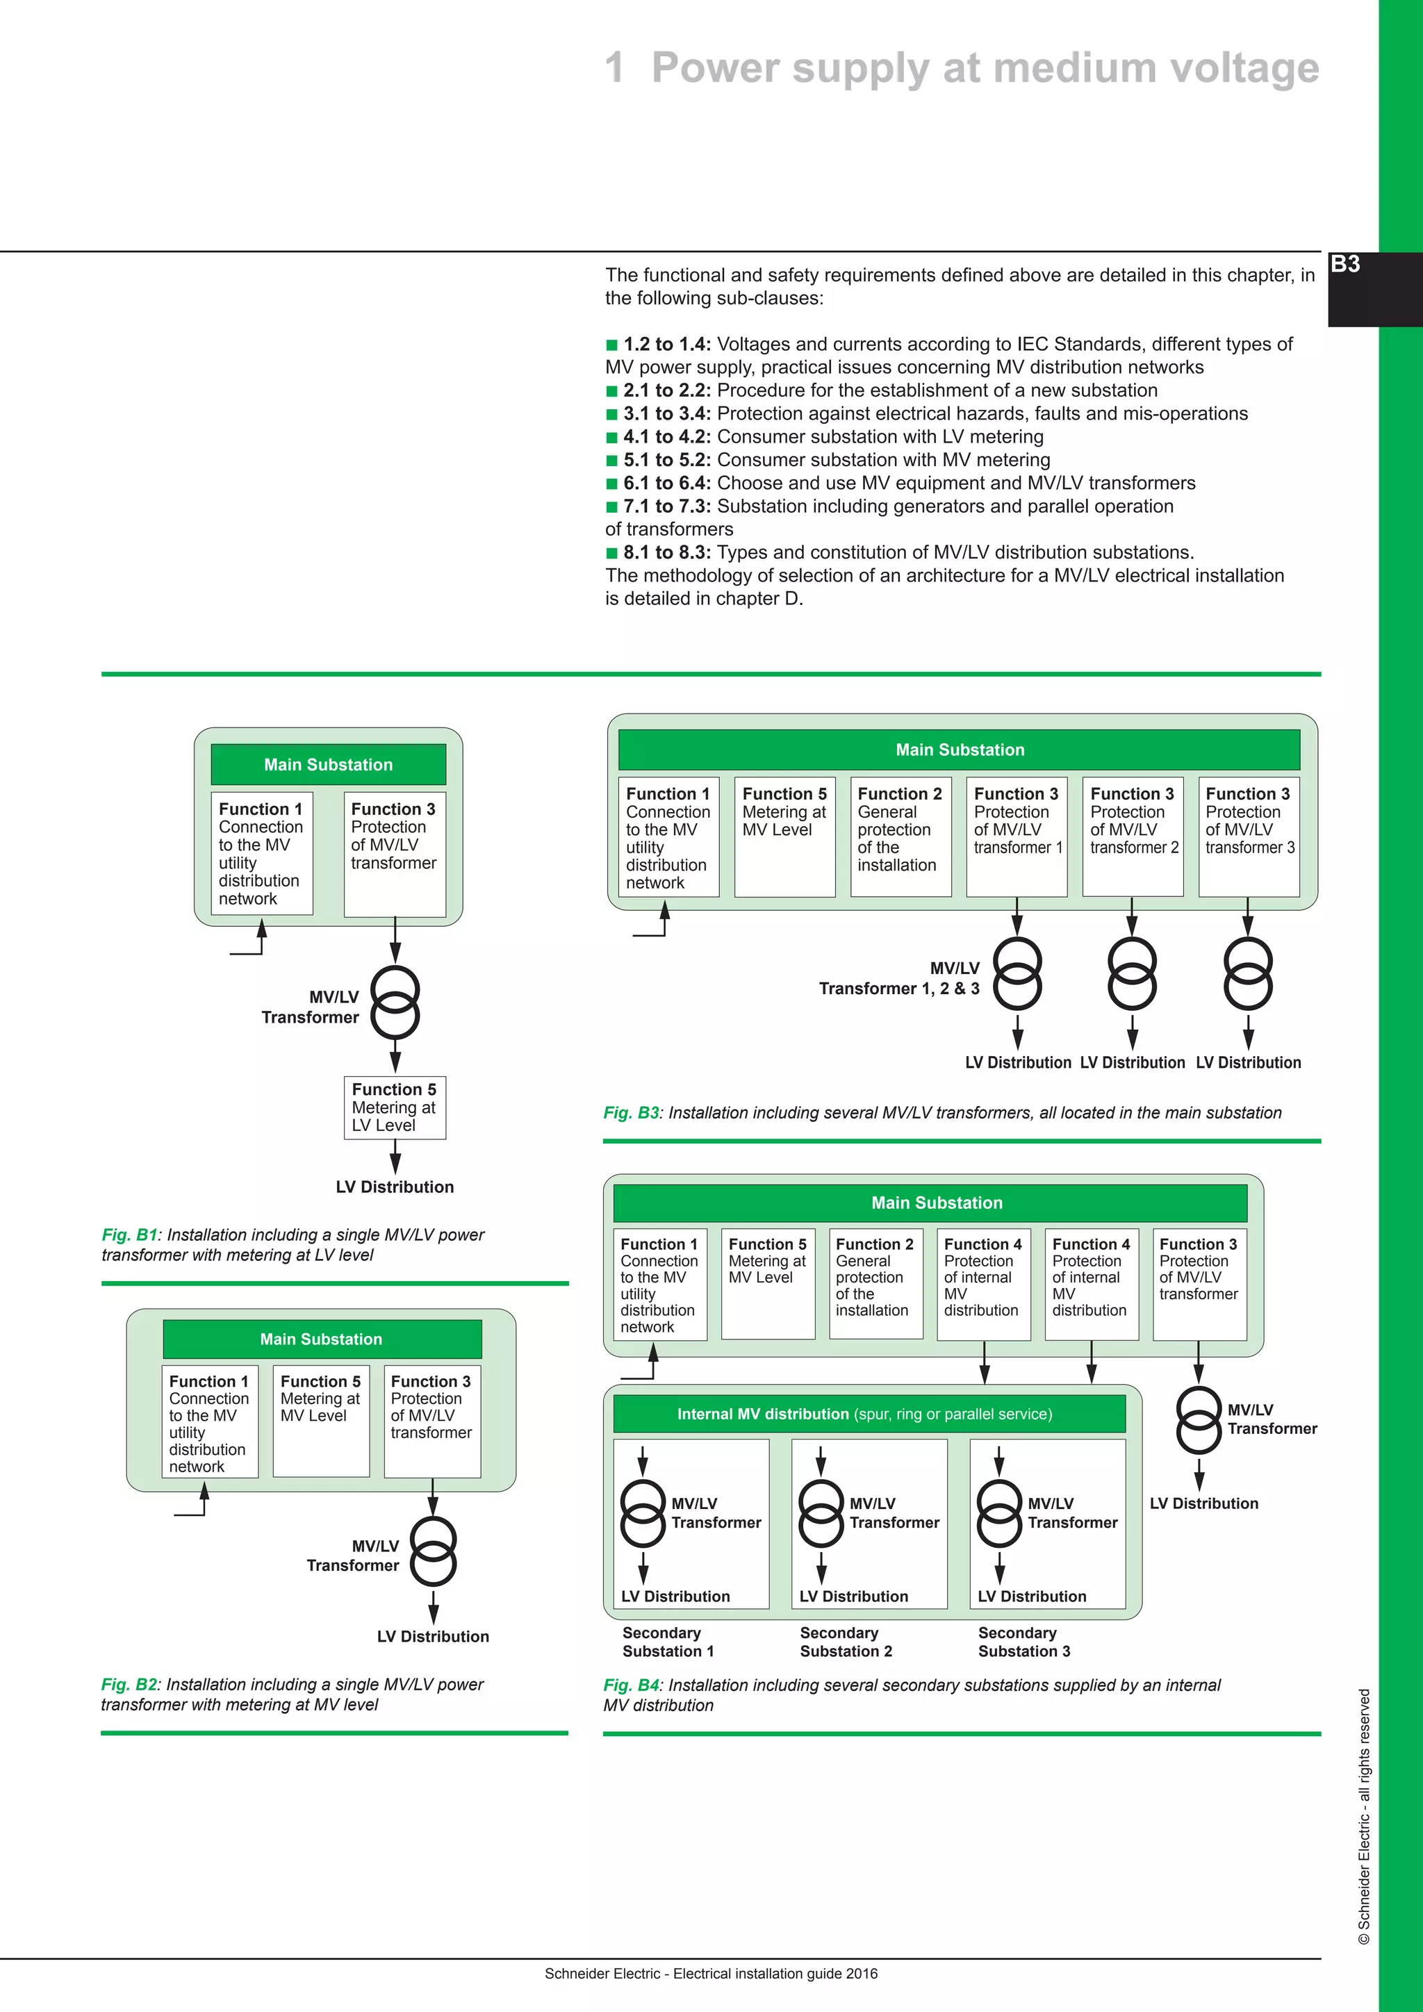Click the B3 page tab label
coord(1345,265)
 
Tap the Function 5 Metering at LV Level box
coord(394,1107)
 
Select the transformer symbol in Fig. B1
coord(395,1003)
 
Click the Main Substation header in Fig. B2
coord(322,1339)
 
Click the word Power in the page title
coord(715,68)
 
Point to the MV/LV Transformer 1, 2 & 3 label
coord(900,979)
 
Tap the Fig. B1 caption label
coord(129,1235)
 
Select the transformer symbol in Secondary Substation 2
coord(821,1513)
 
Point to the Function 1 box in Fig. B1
coord(261,852)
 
